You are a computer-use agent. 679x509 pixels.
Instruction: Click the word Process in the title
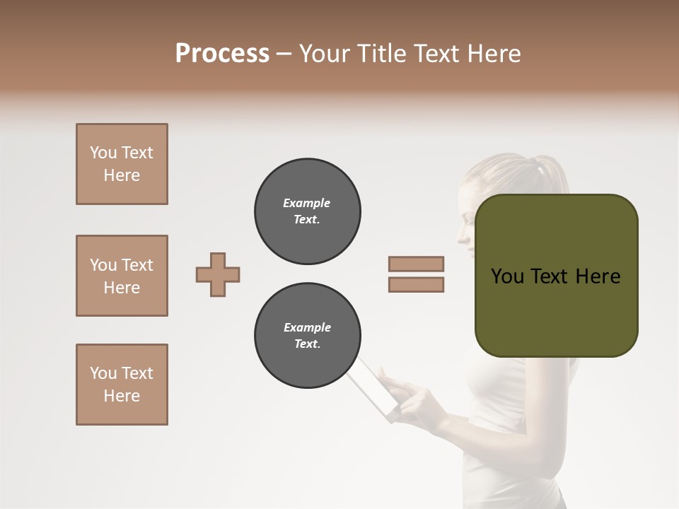(x=222, y=54)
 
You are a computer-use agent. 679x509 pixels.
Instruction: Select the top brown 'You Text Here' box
(x=122, y=164)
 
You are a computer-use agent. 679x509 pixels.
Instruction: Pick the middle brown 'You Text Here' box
(x=122, y=276)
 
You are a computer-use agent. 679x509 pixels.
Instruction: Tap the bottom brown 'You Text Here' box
(x=122, y=385)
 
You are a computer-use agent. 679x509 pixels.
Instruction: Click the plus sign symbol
(x=218, y=274)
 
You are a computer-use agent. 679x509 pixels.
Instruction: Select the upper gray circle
(x=308, y=211)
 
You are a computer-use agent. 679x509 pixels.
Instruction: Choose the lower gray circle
(x=308, y=336)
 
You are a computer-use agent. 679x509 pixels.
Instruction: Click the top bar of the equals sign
(x=416, y=264)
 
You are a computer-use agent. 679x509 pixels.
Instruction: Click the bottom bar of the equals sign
(x=416, y=284)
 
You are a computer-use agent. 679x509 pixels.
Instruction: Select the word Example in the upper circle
(x=306, y=203)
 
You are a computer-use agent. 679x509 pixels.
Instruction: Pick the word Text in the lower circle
(x=306, y=344)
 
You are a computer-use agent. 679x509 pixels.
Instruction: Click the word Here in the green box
(x=598, y=276)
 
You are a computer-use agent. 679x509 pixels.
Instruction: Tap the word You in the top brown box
(x=103, y=153)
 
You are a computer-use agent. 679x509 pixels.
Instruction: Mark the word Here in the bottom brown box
(x=122, y=396)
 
